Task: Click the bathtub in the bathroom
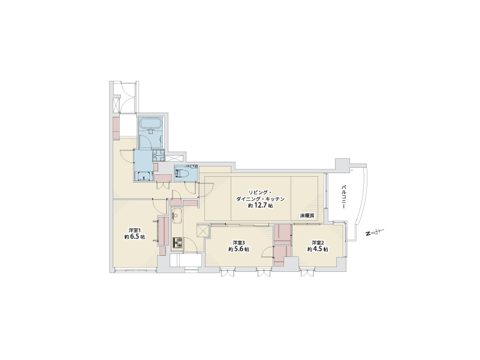150,123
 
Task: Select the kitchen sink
177,216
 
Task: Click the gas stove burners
177,243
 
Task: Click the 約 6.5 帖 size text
135,237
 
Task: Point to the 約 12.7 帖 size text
261,205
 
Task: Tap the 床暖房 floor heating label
307,216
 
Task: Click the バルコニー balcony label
344,197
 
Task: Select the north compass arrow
375,232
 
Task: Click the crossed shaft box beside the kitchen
203,231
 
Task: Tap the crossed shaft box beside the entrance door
116,105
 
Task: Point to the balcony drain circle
352,170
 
